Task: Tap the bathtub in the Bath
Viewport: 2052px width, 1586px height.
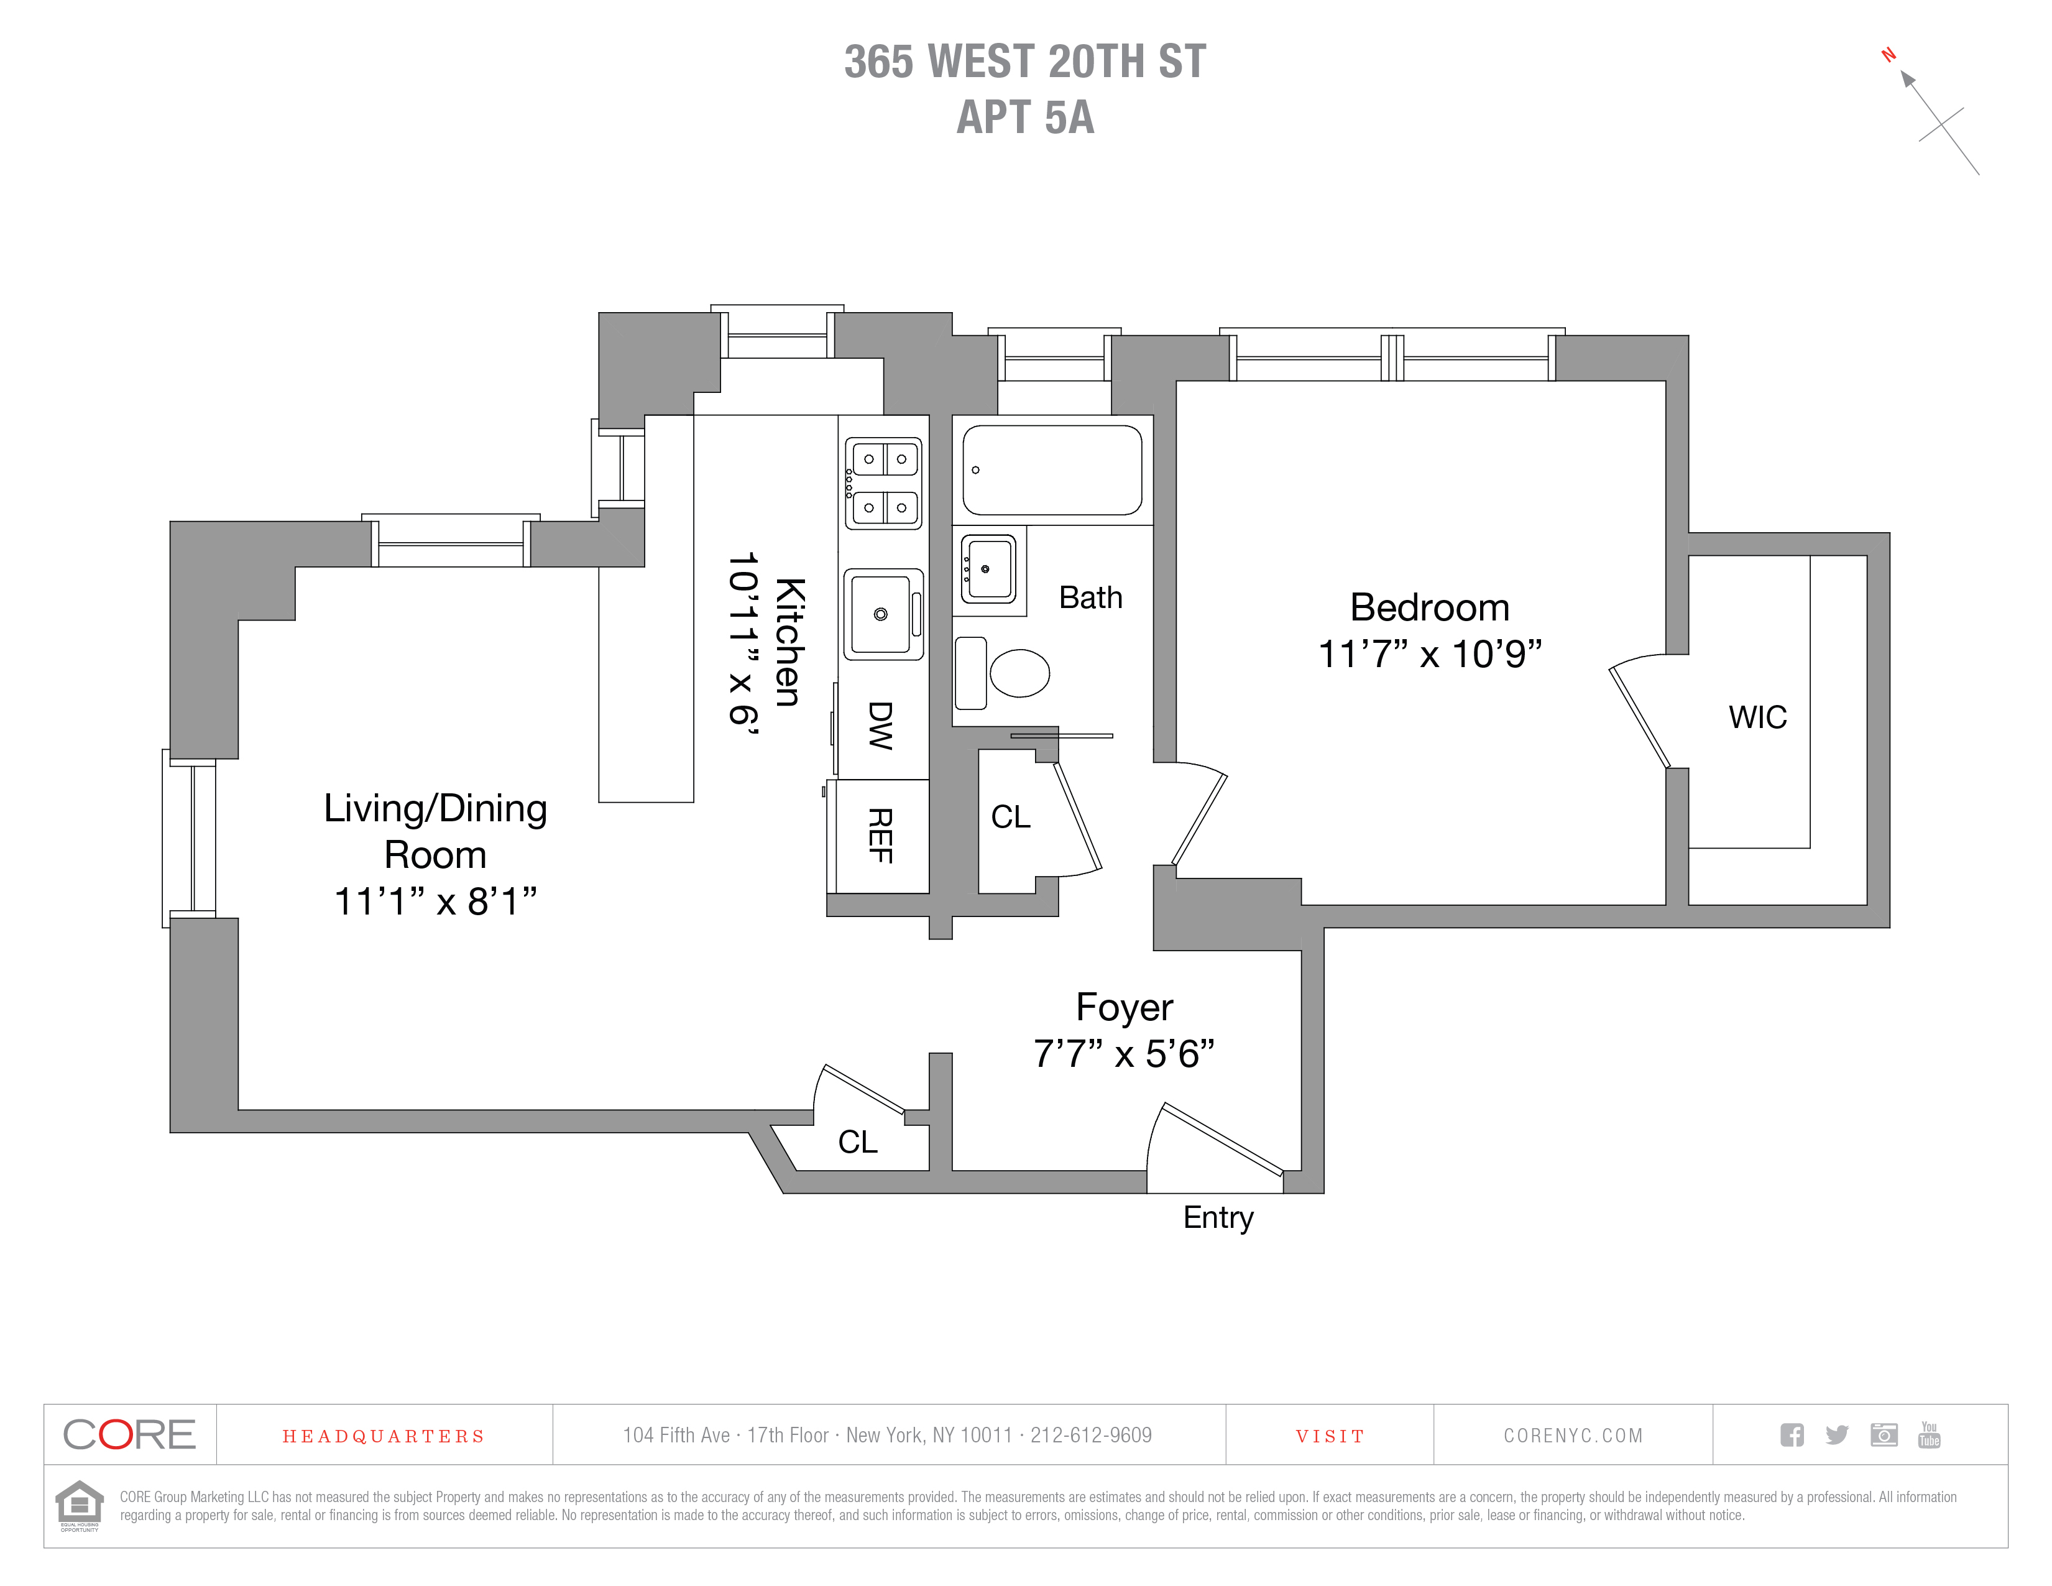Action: [1052, 470]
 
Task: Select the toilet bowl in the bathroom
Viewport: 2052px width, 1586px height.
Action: [1020, 673]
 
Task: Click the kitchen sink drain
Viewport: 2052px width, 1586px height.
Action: [880, 614]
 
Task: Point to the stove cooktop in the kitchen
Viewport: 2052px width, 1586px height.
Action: [883, 483]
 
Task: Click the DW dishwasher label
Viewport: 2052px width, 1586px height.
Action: [880, 726]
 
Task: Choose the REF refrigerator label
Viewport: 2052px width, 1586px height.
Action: [880, 836]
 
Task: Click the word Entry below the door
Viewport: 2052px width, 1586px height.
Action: [1218, 1218]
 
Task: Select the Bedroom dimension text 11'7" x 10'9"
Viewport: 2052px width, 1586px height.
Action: [1430, 654]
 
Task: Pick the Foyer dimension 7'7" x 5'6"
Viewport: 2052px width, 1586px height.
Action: [1124, 1054]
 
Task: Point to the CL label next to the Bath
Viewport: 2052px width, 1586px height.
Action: [1011, 816]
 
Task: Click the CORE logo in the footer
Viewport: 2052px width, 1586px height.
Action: [130, 1435]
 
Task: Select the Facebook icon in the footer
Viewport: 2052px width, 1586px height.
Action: [1792, 1435]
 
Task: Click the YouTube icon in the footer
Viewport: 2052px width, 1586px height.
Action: [1929, 1435]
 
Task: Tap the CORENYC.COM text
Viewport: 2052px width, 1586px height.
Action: [1573, 1436]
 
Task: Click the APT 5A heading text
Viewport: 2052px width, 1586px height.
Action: [1025, 118]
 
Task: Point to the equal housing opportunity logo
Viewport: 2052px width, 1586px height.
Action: [80, 1505]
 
